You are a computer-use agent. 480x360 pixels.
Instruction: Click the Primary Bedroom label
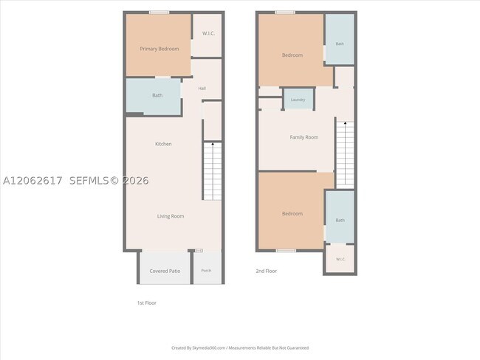(x=160, y=49)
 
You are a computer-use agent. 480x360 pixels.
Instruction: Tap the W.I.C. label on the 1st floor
(x=208, y=33)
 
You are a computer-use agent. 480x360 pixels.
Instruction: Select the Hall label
(x=202, y=89)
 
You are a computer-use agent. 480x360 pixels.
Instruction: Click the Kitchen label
(x=163, y=144)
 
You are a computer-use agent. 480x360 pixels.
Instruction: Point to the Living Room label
(x=171, y=216)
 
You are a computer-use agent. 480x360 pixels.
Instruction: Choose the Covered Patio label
(x=165, y=271)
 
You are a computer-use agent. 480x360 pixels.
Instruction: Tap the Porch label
(x=206, y=271)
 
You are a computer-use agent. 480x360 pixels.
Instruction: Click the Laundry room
(x=298, y=99)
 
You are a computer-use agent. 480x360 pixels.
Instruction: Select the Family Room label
(x=304, y=137)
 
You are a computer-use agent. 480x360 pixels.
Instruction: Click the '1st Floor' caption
(x=147, y=302)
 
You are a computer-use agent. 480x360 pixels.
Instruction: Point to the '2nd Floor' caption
(x=267, y=271)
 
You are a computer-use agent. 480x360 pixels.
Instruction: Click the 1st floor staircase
(x=213, y=171)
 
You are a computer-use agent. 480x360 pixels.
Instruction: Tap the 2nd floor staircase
(x=346, y=153)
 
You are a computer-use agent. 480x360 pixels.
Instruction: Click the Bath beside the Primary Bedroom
(x=154, y=96)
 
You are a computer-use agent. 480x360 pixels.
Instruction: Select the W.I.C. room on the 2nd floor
(x=340, y=258)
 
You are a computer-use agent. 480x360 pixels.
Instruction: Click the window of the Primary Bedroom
(x=160, y=13)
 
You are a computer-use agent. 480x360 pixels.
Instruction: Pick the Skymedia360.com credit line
(x=240, y=347)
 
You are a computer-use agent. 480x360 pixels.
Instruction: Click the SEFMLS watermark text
(x=109, y=181)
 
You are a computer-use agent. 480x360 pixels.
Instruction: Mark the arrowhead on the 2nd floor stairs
(x=346, y=123)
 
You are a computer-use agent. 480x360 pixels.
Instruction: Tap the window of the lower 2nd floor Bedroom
(x=287, y=251)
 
